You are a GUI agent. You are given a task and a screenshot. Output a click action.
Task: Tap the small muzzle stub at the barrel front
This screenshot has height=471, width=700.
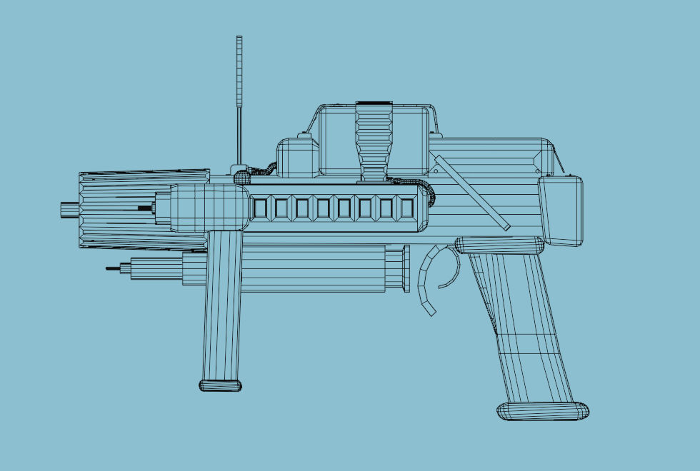[x=69, y=208]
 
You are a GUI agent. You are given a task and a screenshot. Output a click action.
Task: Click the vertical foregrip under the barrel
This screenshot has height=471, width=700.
[x=223, y=307]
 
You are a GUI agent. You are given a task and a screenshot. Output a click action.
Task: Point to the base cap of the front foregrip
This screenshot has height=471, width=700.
[x=220, y=385]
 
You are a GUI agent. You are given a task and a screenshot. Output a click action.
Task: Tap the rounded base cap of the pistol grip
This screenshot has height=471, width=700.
[x=543, y=410]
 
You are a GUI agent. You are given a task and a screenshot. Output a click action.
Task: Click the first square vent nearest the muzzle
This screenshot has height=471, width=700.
[x=261, y=208]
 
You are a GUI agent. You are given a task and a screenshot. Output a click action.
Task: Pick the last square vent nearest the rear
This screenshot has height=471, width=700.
[x=407, y=208]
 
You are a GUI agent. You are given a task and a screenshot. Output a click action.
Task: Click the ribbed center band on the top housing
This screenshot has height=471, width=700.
[x=374, y=139]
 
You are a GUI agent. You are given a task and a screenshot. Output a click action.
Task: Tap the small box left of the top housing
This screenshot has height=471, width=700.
[x=297, y=157]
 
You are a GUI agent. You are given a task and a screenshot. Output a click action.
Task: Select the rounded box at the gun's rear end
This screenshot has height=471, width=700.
[x=561, y=210]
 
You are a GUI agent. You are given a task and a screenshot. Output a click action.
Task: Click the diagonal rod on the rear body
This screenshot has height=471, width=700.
[x=472, y=193]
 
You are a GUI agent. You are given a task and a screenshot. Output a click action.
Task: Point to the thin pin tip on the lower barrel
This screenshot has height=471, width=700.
[x=112, y=269]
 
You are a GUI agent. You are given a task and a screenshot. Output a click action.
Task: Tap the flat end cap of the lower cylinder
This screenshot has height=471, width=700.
[x=406, y=268]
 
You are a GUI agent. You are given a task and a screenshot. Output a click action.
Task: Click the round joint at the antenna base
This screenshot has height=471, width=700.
[x=241, y=172]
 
